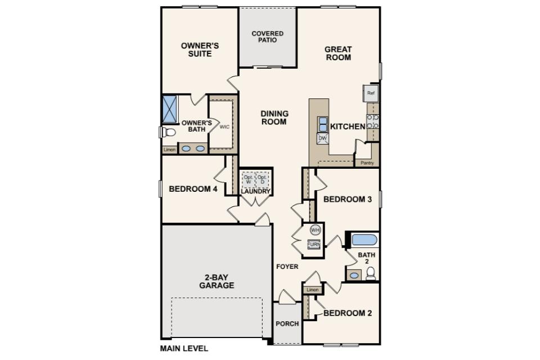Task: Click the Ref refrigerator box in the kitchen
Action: (371, 93)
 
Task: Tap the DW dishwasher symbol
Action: (322, 138)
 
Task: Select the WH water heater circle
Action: (315, 229)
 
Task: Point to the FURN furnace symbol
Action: (314, 244)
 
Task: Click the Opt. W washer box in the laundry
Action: (248, 179)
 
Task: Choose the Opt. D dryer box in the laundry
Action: (263, 179)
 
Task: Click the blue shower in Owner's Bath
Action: (169, 109)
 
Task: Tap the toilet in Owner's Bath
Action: (168, 132)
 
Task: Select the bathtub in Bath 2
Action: (364, 240)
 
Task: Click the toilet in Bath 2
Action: (371, 273)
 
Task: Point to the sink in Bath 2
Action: (354, 275)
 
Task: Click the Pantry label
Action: (367, 163)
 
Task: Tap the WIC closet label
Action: (224, 127)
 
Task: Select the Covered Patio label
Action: (268, 37)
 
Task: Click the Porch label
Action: (287, 324)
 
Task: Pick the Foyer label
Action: (287, 267)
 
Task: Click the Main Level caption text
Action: (184, 349)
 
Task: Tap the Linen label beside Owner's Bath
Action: (169, 150)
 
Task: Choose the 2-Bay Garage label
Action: (217, 281)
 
